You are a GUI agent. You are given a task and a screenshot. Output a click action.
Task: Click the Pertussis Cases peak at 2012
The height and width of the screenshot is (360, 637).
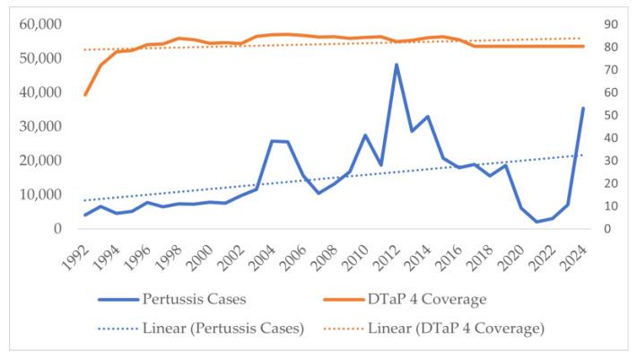tap(396, 65)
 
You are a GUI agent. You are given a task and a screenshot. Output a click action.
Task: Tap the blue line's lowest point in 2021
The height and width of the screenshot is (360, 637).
tap(537, 222)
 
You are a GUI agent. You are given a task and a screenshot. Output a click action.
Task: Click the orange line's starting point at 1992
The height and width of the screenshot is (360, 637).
tap(85, 94)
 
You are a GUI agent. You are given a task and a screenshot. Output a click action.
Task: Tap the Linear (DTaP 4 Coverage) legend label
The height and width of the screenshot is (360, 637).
tap(456, 328)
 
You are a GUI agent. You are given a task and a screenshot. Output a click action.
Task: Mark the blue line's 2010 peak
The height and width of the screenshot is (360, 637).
tap(365, 135)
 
